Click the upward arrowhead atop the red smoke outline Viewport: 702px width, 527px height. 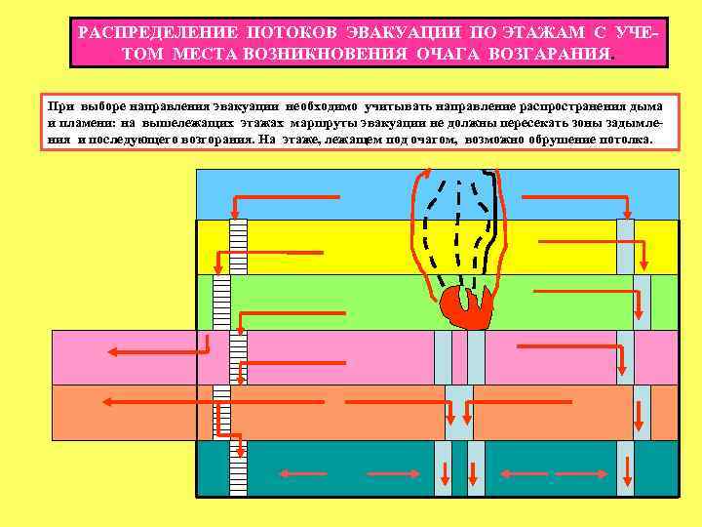click(x=421, y=177)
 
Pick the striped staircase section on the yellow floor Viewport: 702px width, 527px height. click(x=238, y=246)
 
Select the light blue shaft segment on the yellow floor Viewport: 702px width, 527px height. click(x=624, y=246)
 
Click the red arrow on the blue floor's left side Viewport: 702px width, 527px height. click(x=283, y=199)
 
